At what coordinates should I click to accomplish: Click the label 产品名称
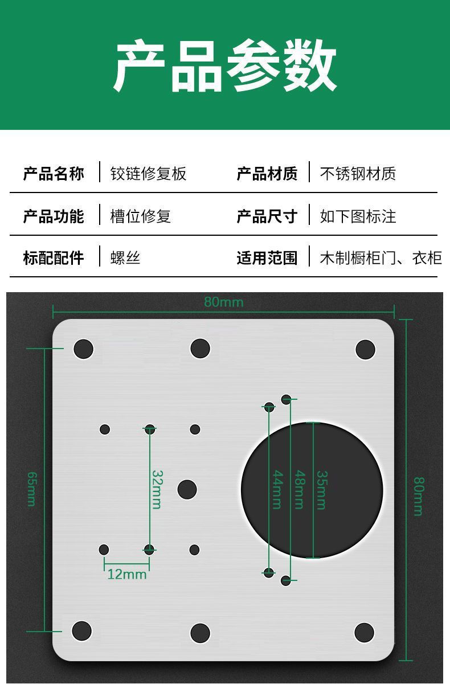(x=54, y=173)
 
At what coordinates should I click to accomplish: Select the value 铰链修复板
(x=148, y=173)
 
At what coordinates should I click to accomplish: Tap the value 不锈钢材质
(x=358, y=173)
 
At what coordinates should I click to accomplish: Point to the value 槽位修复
(x=140, y=216)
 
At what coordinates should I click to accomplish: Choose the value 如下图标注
(x=358, y=216)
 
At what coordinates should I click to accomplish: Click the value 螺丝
(x=125, y=258)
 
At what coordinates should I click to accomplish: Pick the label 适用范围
(x=267, y=258)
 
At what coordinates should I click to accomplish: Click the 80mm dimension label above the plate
(x=223, y=302)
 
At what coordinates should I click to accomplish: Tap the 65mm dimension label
(x=31, y=489)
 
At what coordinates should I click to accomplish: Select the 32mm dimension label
(x=157, y=489)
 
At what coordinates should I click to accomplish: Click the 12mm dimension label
(x=126, y=574)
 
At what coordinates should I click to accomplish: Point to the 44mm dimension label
(x=276, y=489)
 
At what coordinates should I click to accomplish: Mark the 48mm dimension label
(x=298, y=489)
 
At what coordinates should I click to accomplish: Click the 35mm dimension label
(x=321, y=489)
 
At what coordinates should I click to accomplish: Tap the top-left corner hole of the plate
(x=83, y=349)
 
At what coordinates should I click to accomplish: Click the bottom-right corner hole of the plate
(x=364, y=632)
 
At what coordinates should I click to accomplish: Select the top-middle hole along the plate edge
(x=200, y=349)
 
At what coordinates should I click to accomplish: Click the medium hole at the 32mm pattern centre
(x=187, y=489)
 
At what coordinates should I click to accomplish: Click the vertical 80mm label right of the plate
(x=418, y=495)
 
